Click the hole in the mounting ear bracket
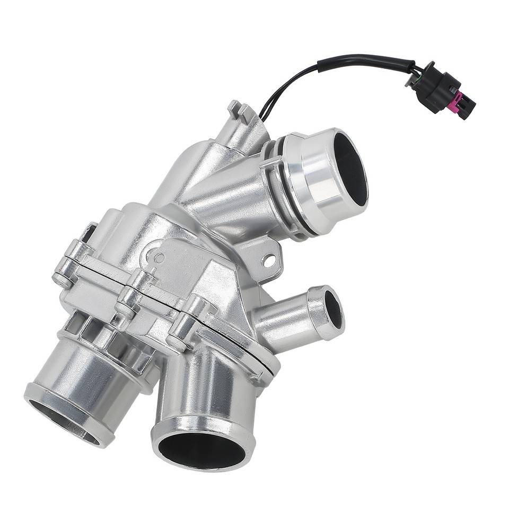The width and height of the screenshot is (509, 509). click(269, 260)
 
